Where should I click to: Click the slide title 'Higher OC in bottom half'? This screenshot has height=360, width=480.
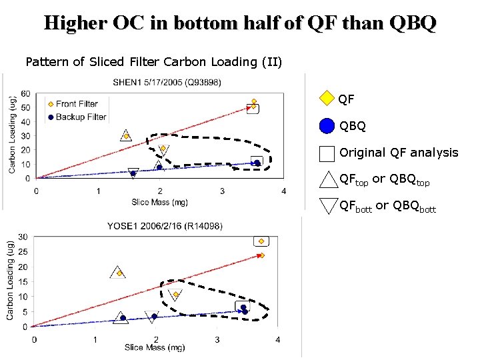click(240, 23)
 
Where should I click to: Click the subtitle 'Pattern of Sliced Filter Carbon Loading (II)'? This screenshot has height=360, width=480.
click(154, 62)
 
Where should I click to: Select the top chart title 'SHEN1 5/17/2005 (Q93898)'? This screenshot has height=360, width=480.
click(167, 83)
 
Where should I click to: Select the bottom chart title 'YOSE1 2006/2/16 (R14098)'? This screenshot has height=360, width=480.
click(165, 227)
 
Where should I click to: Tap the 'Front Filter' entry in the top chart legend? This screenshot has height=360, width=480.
click(77, 103)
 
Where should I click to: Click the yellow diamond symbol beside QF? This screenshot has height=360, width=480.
click(326, 99)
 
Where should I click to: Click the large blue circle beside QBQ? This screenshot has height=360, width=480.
click(326, 126)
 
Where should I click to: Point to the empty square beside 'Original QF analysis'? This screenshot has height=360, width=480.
click(326, 153)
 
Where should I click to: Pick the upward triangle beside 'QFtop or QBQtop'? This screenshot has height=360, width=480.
click(328, 180)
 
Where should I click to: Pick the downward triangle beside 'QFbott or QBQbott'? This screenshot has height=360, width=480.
click(328, 205)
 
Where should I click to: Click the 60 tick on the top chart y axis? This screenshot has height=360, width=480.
click(25, 93)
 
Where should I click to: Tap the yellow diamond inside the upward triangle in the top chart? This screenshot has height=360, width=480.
click(126, 137)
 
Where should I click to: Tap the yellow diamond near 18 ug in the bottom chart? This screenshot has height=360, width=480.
click(119, 273)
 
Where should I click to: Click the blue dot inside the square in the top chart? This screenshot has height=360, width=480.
click(257, 163)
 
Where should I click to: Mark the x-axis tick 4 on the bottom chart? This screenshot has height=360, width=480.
click(277, 340)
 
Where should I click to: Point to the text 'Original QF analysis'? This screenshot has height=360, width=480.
click(399, 153)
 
